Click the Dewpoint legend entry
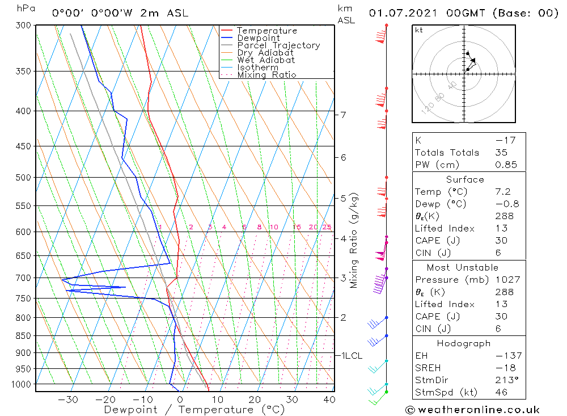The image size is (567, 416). tap(258, 38)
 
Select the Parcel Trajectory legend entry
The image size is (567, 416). tap(278, 45)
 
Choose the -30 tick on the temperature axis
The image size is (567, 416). tap(68, 400)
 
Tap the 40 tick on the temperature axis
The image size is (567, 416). tap(329, 400)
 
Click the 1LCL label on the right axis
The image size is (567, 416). tap(352, 356)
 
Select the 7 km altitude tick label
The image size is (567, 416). tap(343, 115)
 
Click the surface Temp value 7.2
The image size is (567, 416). tap(502, 192)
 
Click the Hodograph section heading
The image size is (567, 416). tap(464, 343)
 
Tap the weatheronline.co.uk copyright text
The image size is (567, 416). tap(473, 410)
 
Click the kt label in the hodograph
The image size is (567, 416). tap(418, 30)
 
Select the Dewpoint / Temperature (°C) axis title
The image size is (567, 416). tap(194, 410)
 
